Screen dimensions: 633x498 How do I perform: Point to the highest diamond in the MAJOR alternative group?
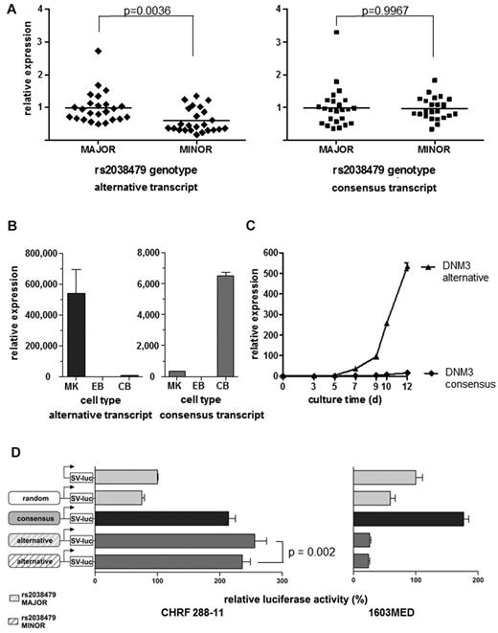[98, 50]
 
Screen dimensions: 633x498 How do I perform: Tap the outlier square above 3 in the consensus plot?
[337, 33]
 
